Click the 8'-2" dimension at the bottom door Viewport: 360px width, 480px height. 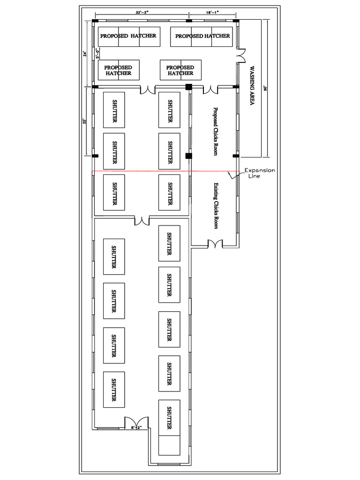click(x=136, y=427)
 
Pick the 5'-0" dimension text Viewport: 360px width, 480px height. click(x=97, y=53)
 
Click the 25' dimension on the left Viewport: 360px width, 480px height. click(x=84, y=121)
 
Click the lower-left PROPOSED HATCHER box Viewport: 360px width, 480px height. click(x=118, y=70)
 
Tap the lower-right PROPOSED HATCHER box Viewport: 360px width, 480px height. click(x=180, y=70)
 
